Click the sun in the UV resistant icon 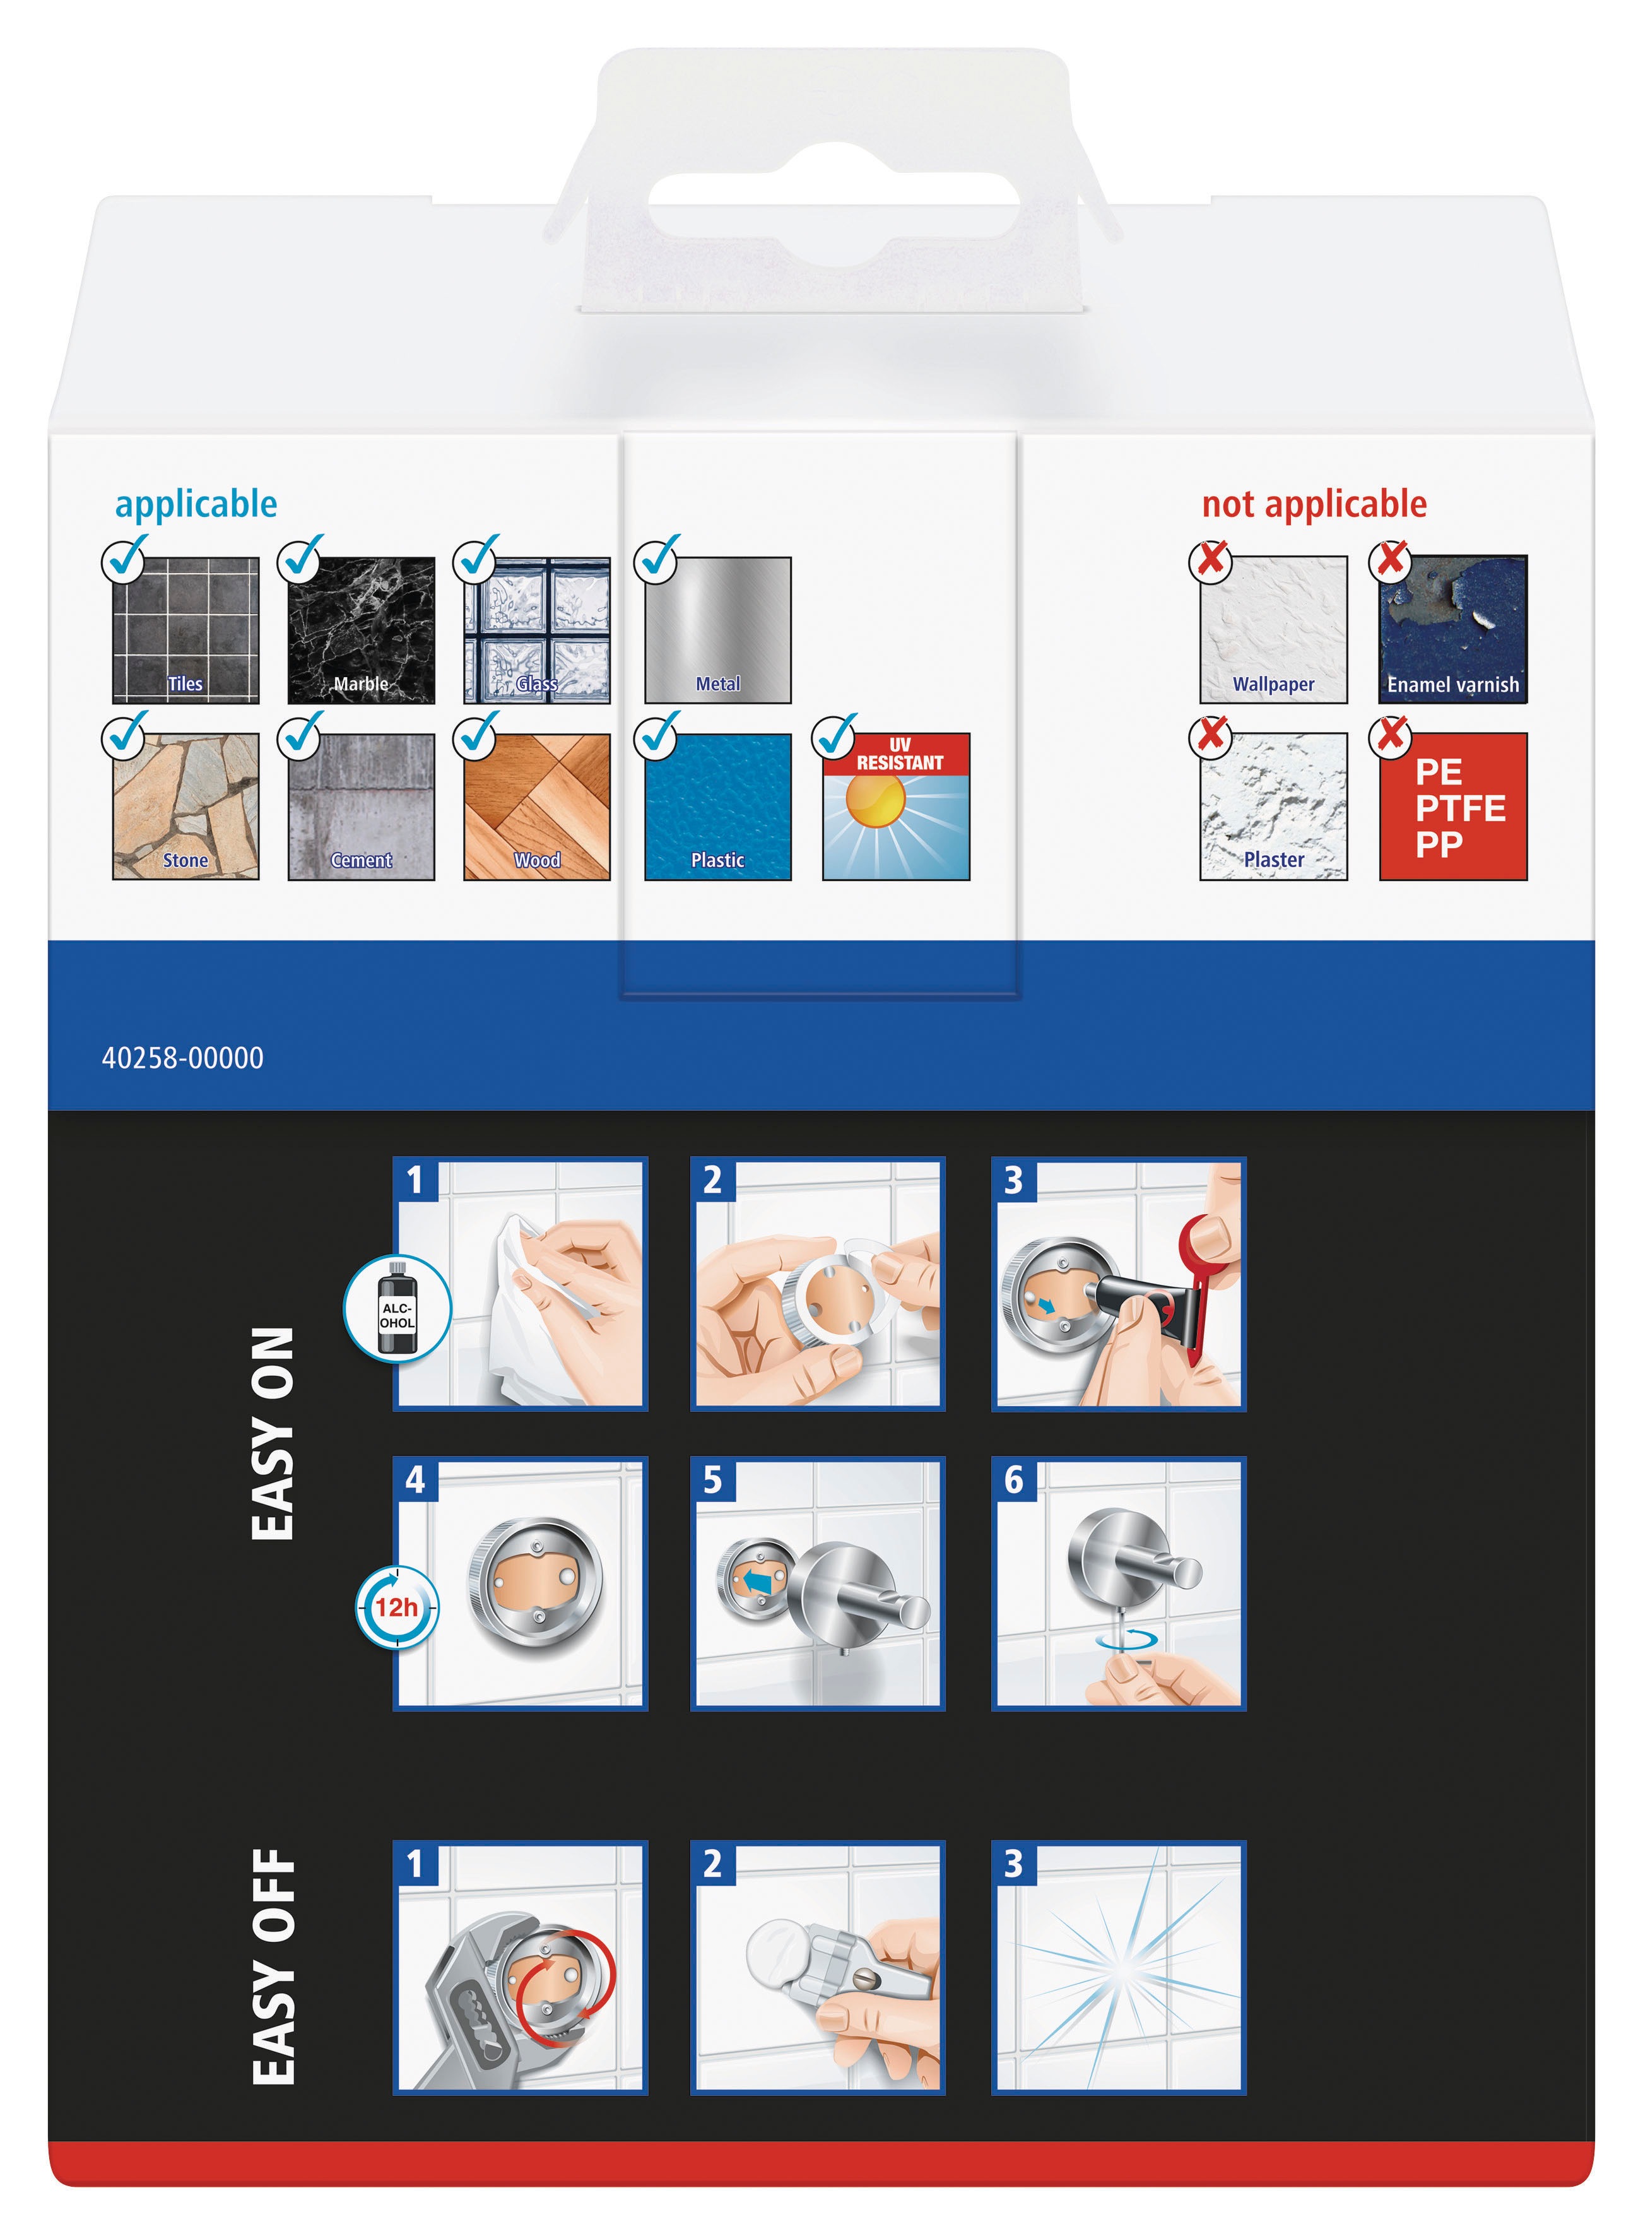tap(874, 799)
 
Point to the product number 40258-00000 tap(183, 1057)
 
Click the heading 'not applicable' tap(1313, 504)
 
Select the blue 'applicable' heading tap(196, 504)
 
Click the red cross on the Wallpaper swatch tap(1210, 560)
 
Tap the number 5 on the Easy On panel tap(712, 1480)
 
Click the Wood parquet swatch tap(537, 806)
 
